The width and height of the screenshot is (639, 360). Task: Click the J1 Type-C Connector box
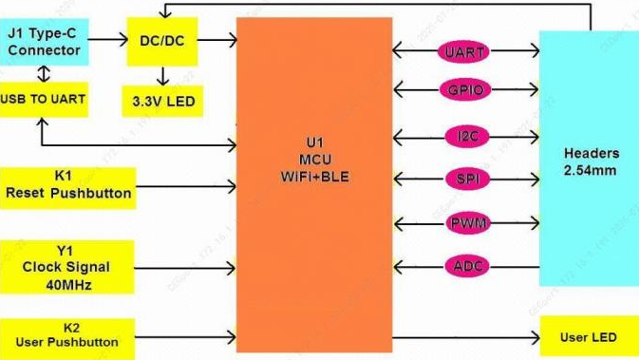click(44, 42)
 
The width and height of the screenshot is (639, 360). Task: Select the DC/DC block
click(162, 41)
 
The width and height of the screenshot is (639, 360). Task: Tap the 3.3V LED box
click(162, 101)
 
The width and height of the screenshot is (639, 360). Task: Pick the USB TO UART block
click(44, 100)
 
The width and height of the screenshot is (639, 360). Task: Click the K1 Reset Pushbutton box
click(67, 188)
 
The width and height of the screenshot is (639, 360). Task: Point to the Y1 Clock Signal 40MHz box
click(66, 267)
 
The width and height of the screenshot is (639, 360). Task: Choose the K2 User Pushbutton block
click(67, 337)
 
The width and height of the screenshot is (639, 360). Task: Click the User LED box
click(590, 337)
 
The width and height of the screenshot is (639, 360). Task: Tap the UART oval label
click(463, 52)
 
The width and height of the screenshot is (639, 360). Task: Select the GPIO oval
click(465, 89)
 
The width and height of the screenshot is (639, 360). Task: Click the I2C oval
click(467, 136)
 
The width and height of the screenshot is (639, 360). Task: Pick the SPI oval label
click(467, 179)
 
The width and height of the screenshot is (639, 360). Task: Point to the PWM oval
click(468, 223)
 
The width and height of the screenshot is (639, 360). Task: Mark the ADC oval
click(467, 266)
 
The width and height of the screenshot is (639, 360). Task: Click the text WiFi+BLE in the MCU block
click(314, 177)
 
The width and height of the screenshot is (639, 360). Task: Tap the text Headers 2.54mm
click(592, 161)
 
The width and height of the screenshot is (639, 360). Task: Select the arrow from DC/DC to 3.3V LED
click(163, 76)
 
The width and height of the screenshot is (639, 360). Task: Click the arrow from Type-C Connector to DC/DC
click(108, 40)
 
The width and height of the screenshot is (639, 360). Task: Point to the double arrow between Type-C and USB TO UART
click(44, 74)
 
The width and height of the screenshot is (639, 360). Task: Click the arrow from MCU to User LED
click(466, 337)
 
